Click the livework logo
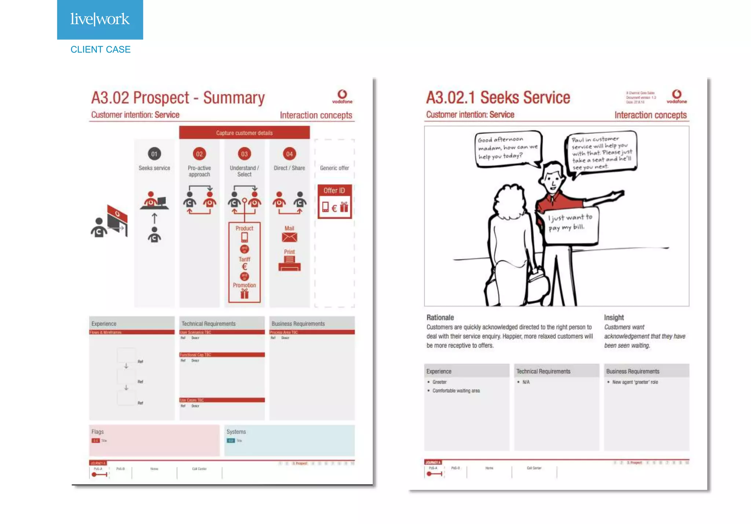pyautogui.click(x=100, y=19)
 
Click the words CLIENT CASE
pyautogui.click(x=100, y=50)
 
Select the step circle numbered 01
pyautogui.click(x=154, y=154)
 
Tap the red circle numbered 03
pyautogui.click(x=244, y=154)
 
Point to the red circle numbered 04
pyautogui.click(x=289, y=154)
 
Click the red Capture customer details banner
pyautogui.click(x=244, y=133)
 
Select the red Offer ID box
pyautogui.click(x=334, y=201)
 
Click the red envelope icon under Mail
pyautogui.click(x=289, y=237)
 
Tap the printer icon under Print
pyautogui.click(x=289, y=263)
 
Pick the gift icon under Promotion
pyautogui.click(x=244, y=294)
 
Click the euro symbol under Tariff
pyautogui.click(x=244, y=267)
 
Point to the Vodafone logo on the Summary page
pyautogui.click(x=342, y=97)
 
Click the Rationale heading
pyautogui.click(x=440, y=317)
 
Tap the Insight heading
pyautogui.click(x=614, y=317)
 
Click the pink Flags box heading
pyautogui.click(x=98, y=432)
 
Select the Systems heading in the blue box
pyautogui.click(x=236, y=432)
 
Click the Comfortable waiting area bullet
pyautogui.click(x=456, y=391)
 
